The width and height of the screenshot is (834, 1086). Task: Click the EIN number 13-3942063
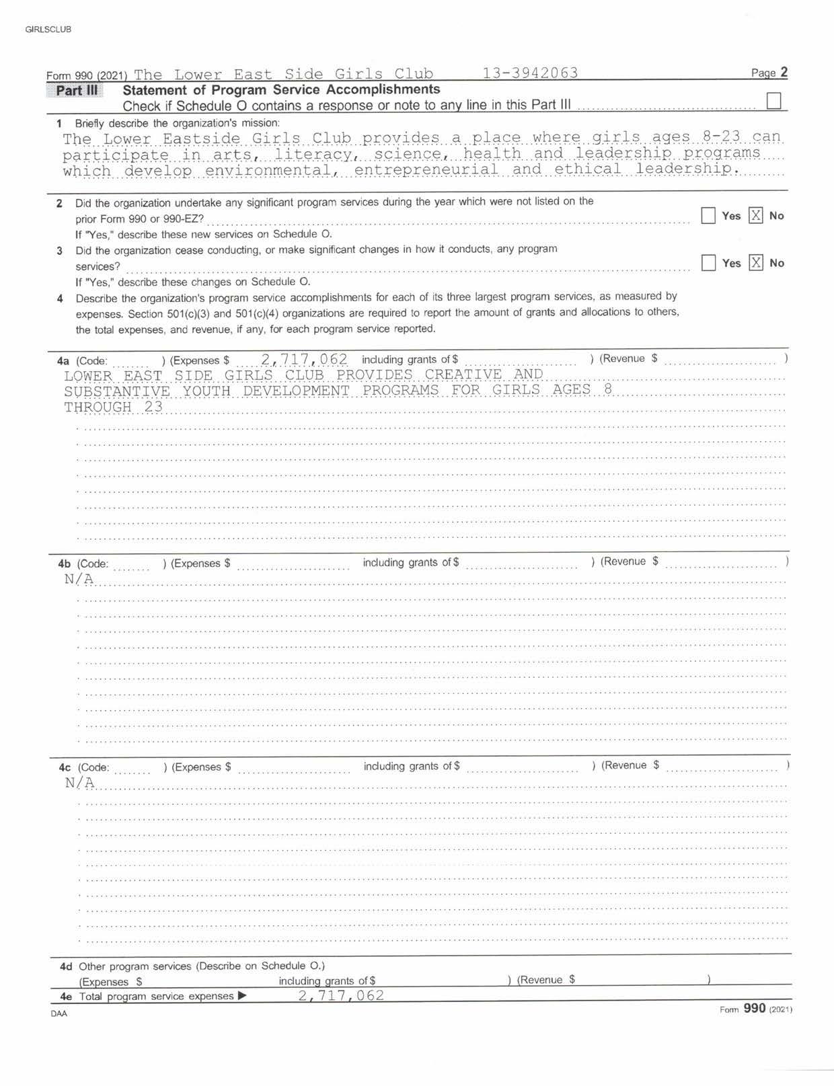[x=530, y=73]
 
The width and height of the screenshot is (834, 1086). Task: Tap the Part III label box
[x=75, y=90]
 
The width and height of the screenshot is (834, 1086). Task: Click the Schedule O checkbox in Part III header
[x=774, y=101]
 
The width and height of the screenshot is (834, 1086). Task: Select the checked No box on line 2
[x=756, y=216]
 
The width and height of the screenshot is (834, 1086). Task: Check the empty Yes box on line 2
[x=708, y=216]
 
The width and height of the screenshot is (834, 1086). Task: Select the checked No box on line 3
[x=756, y=263]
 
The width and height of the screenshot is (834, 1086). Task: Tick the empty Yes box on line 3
[x=708, y=263]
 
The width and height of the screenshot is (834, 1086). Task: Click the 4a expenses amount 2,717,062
[x=304, y=359]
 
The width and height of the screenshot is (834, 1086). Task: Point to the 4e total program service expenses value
[x=341, y=995]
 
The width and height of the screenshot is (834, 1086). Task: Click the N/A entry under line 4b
[x=79, y=579]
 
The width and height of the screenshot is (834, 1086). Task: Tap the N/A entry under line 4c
[x=79, y=783]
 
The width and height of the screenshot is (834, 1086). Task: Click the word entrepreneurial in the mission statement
[x=426, y=169]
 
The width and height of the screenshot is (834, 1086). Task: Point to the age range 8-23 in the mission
[x=721, y=137]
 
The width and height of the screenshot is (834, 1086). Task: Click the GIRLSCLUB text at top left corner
[x=48, y=30]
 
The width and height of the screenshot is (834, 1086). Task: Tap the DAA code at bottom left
[x=59, y=1013]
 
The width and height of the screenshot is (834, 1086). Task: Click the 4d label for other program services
[x=66, y=966]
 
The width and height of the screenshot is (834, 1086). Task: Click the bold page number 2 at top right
[x=784, y=73]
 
